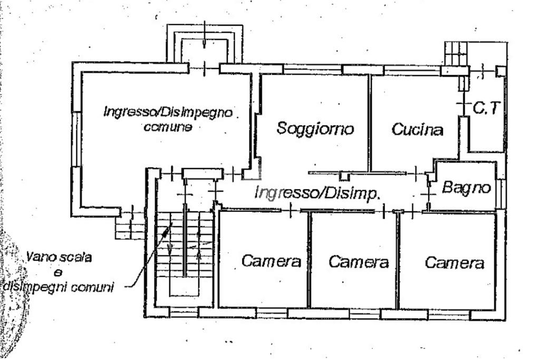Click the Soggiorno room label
[315, 129]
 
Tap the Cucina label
[417, 130]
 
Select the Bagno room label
[467, 187]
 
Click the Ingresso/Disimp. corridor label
[317, 193]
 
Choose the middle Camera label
[359, 261]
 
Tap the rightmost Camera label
[455, 262]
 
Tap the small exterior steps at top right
[456, 53]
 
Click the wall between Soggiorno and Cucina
[370, 122]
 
